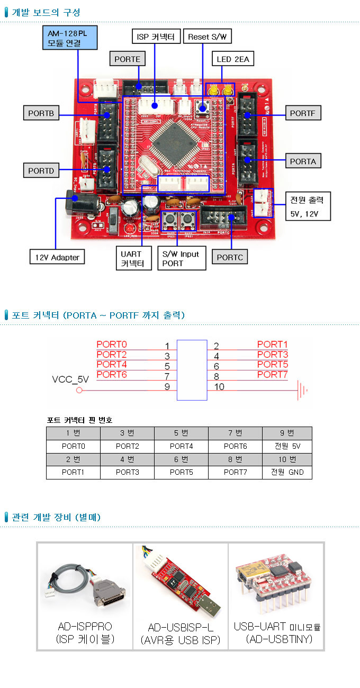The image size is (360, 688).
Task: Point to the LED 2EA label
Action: [x=232, y=59]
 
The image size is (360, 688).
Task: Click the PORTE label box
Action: [x=128, y=59]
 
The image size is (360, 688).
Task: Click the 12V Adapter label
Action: [x=57, y=257]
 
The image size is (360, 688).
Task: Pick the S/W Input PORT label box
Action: [x=181, y=258]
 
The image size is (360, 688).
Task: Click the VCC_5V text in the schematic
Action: [x=70, y=379]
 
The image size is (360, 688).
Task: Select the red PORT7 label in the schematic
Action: [x=273, y=375]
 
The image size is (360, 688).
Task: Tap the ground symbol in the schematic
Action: [x=302, y=391]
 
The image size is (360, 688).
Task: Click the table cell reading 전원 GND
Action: [x=287, y=472]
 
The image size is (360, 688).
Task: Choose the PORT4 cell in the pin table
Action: [x=181, y=446]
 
